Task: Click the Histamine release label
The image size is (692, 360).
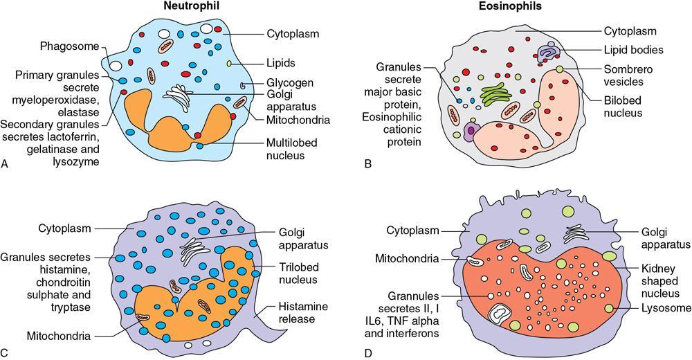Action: tap(298, 313)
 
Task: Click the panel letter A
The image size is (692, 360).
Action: tap(6, 164)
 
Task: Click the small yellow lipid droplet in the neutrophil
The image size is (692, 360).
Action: tap(229, 64)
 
